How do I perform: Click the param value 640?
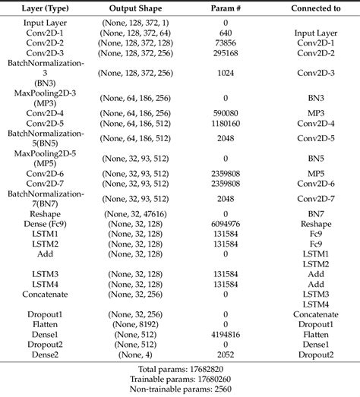pos(226,33)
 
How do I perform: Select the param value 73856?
pos(226,44)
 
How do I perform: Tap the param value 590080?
pos(226,112)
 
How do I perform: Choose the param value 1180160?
pos(226,122)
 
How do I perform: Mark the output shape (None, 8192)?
pos(138,324)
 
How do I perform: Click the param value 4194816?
pos(226,335)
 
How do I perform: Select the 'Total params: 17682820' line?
pos(180,368)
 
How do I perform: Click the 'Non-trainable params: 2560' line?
pos(180,389)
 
